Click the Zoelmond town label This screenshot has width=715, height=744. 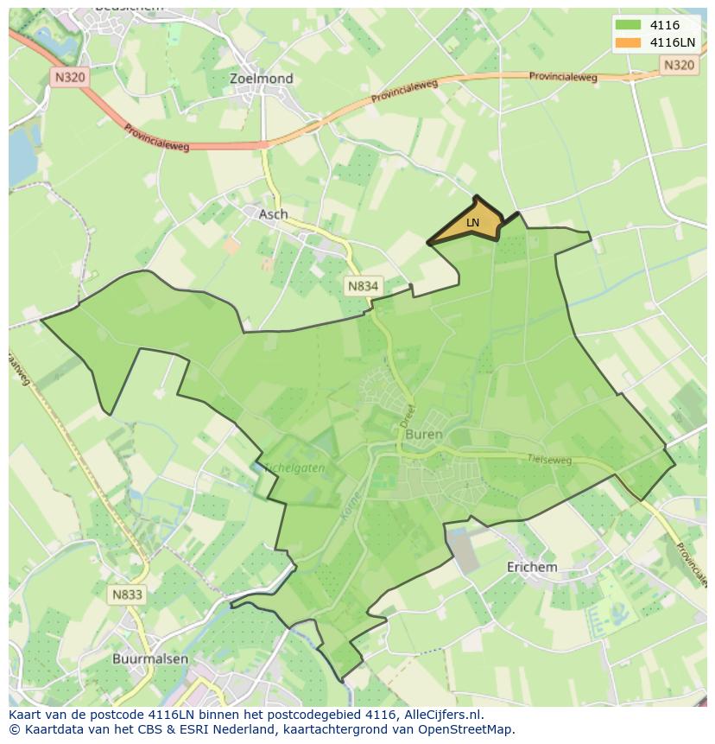(x=261, y=79)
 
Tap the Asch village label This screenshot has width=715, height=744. (x=274, y=214)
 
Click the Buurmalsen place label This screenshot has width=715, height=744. (x=150, y=658)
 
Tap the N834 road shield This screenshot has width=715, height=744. (x=364, y=286)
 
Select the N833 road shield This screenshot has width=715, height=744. (x=126, y=595)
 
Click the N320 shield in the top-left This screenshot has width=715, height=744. (x=69, y=77)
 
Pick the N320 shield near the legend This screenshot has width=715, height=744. (x=679, y=65)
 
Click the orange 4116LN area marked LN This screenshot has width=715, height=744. (x=471, y=223)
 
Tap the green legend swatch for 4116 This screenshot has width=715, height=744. (x=628, y=26)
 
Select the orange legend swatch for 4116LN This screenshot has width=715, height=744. (x=628, y=43)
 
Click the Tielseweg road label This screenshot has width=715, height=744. (x=551, y=460)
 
